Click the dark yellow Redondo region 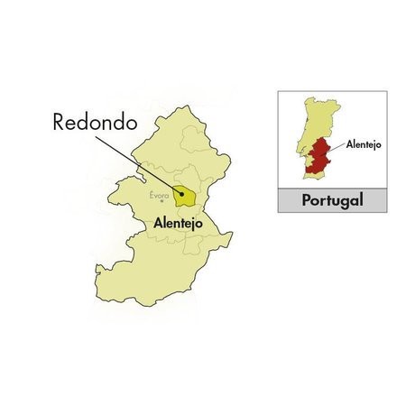pos(185,196)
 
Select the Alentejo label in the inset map pos(359,144)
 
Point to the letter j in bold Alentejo pos(198,220)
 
